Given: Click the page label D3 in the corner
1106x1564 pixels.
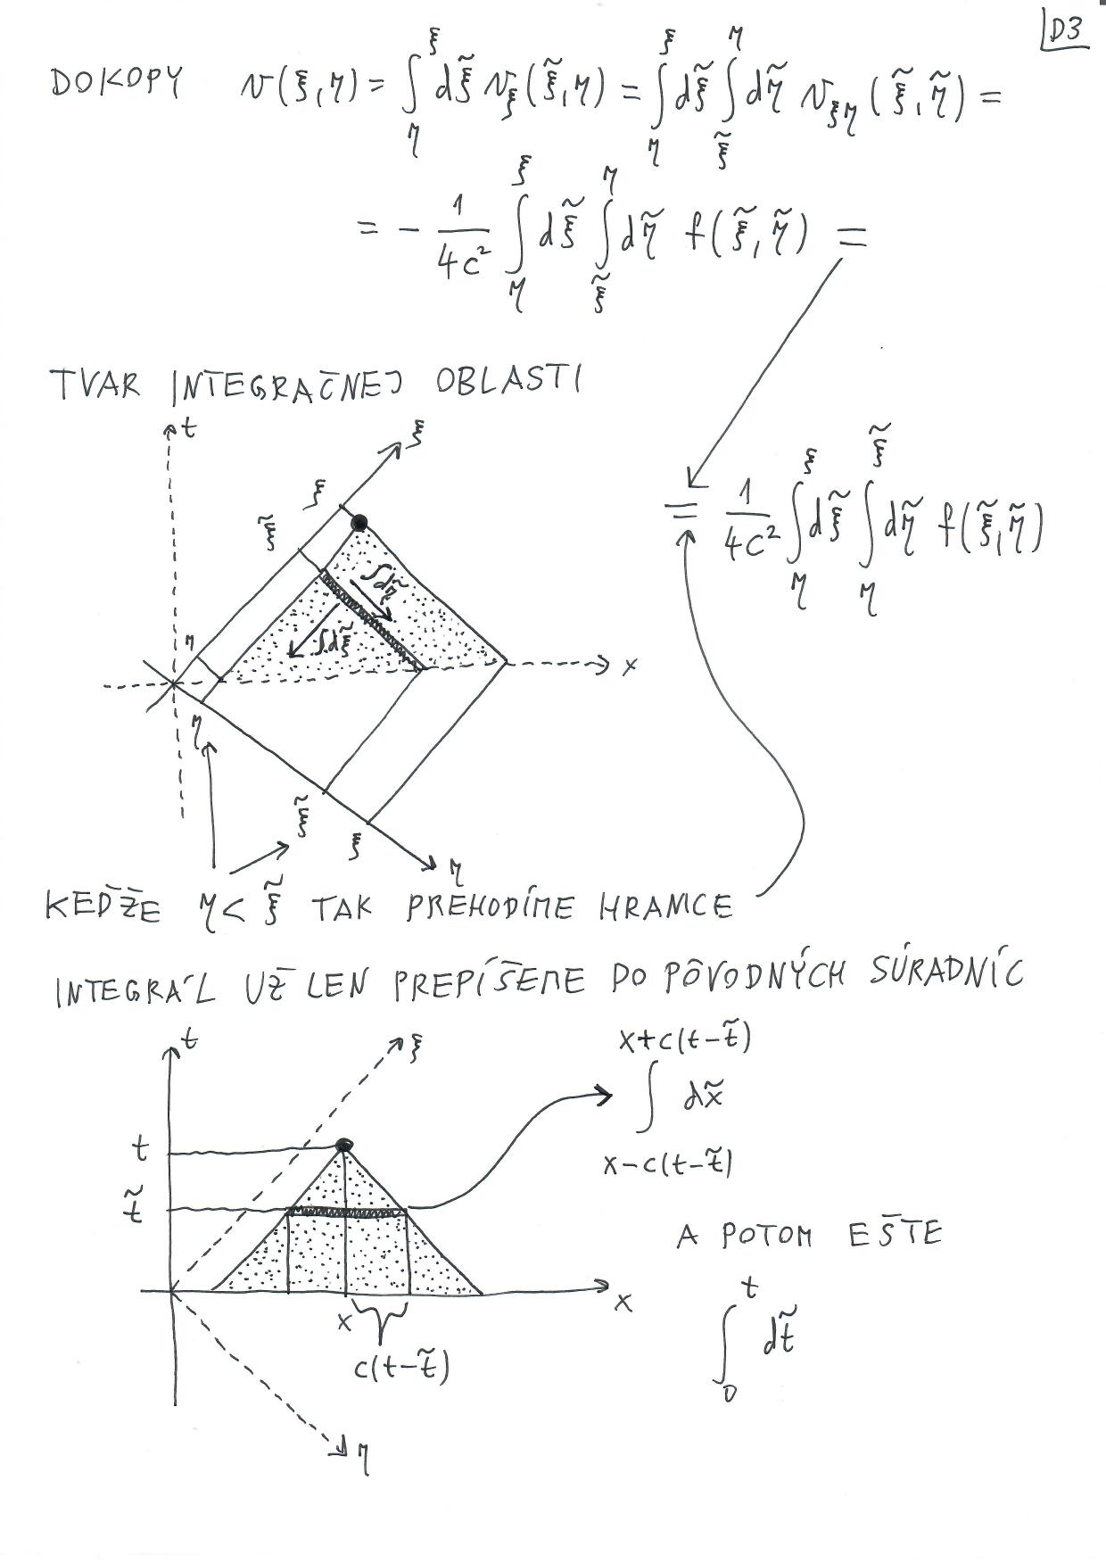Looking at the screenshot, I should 1064,32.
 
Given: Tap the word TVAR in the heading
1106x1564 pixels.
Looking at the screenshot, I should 95,385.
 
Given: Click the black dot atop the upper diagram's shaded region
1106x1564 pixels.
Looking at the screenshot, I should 359,523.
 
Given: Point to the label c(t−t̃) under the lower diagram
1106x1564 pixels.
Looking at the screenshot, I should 401,1365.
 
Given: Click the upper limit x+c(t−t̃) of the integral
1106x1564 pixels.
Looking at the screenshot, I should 685,1039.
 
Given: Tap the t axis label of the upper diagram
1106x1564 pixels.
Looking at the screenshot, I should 187,428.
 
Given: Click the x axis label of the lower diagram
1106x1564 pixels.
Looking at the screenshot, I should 623,1303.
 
